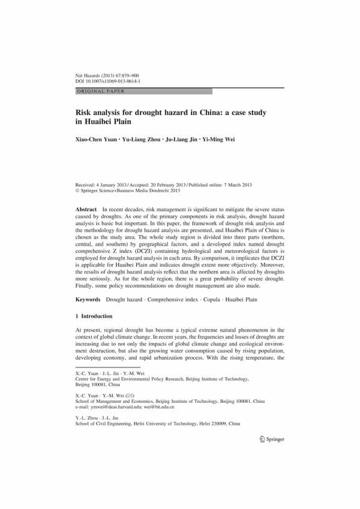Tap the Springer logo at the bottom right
[268, 455]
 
